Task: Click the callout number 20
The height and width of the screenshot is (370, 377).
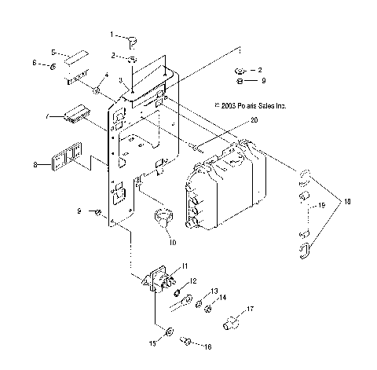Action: point(254,120)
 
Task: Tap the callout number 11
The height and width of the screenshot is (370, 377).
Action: point(185,265)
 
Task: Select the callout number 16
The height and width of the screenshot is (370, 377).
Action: point(208,345)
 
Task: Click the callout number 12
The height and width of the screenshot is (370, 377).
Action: point(192,280)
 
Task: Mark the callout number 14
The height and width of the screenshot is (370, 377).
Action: point(223,298)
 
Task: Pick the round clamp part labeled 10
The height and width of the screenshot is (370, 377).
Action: point(166,215)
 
